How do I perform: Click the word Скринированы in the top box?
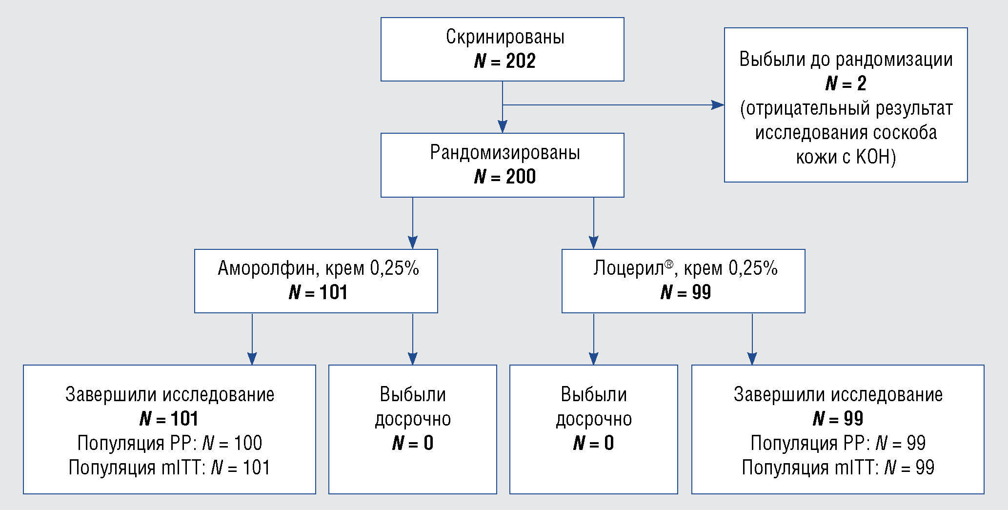505,37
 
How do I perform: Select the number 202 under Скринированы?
521,61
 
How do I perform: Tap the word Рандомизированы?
505,153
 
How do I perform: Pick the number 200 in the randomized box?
521,177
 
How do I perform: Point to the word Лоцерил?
628,268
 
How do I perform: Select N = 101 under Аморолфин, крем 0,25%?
318,292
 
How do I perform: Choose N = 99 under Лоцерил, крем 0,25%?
685,292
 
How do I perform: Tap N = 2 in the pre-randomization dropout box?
846,83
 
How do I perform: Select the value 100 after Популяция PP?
248,443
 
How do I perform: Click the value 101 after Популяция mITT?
256,468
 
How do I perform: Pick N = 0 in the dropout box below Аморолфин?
413,443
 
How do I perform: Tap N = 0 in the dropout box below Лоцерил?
593,443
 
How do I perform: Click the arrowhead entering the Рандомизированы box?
503,126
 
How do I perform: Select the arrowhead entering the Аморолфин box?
413,243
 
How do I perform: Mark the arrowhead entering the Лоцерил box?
594,243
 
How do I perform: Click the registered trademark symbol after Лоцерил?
669,264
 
